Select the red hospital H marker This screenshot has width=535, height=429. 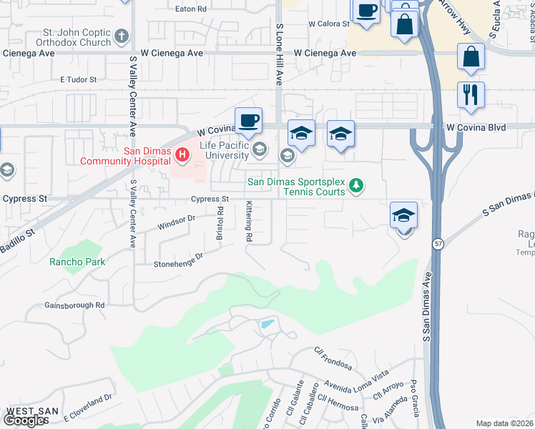click(183, 154)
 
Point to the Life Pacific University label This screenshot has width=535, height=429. click(224, 150)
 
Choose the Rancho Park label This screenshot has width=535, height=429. click(77, 262)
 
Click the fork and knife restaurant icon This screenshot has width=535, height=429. click(471, 95)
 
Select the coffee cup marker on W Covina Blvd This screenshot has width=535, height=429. click(248, 121)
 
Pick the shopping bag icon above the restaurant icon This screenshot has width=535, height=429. click(471, 56)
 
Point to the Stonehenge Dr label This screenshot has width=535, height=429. click(179, 260)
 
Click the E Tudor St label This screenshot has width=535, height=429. click(78, 79)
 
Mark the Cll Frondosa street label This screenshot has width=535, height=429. click(333, 359)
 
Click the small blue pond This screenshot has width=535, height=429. click(267, 324)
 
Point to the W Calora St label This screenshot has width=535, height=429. click(328, 24)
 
